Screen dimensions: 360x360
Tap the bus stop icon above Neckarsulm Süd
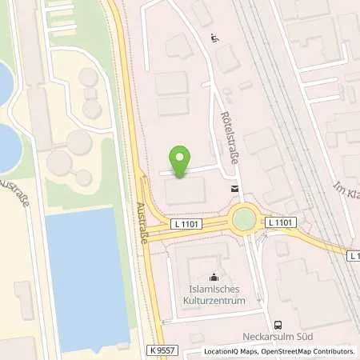point(277,324)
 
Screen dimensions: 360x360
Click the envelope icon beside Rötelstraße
point(234,189)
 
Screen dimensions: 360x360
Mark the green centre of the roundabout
point(243,218)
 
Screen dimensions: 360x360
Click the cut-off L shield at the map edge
point(354,254)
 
